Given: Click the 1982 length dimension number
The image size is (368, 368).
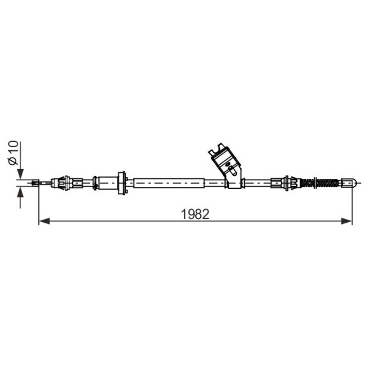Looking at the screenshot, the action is coord(195,214).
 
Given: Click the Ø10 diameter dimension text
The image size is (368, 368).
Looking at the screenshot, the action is coord(13,153).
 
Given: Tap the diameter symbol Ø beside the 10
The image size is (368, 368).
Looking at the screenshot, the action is coord(13,161).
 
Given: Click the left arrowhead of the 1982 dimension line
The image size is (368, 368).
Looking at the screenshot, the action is coord(44,221).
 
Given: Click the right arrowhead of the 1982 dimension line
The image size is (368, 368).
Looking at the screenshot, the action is coord(347,221).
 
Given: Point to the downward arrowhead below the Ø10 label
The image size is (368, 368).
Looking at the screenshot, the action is coord(20,174).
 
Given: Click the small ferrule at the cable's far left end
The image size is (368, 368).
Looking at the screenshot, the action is coord(35,183).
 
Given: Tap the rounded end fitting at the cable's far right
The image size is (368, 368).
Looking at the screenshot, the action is coord(349,182).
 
